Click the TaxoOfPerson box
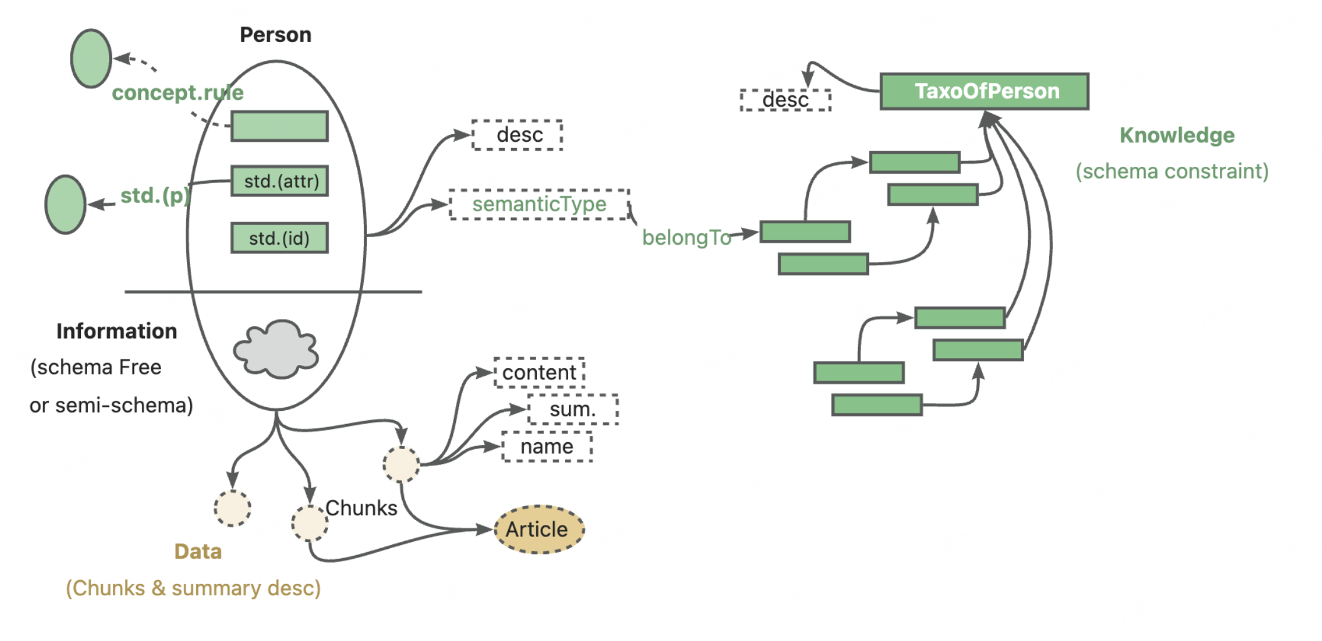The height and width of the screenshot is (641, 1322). pos(984,92)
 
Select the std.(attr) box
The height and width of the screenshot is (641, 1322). pos(280,181)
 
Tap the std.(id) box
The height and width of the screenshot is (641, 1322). pos(280,238)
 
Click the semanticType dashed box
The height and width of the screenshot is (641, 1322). pos(539,204)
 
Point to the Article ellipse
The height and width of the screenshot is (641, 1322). pos(539,529)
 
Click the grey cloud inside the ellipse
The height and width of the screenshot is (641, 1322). pos(276,349)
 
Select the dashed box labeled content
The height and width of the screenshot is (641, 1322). pos(539,373)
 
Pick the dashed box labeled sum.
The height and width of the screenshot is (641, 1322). pos(573,410)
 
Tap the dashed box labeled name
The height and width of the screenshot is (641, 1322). pos(546,447)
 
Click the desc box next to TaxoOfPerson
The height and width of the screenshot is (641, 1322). pos(785,100)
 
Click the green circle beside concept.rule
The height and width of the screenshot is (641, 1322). pos(91,58)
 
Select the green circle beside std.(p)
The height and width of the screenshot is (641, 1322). pos(65,204)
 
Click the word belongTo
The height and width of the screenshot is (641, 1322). pos(686,238)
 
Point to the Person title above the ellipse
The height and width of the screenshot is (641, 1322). pos(275,34)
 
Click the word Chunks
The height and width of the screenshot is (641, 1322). pos(361,507)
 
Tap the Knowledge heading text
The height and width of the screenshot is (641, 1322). pos(1177,135)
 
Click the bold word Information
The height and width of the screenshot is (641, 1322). pos(117,331)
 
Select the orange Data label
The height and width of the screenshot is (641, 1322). pos(198,551)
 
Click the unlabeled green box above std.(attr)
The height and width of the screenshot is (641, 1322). pos(280,126)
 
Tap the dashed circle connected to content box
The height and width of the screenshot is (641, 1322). pos(401,464)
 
